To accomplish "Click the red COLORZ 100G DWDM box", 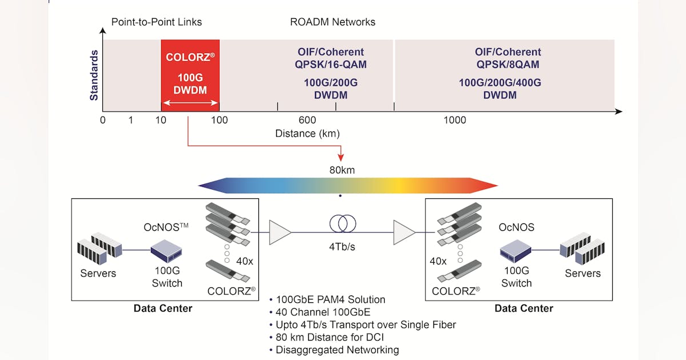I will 190,75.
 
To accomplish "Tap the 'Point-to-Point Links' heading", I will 156,22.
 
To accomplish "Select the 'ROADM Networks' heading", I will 333,22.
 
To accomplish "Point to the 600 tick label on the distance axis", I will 307,120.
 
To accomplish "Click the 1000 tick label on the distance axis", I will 454,120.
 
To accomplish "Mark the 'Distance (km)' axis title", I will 308,134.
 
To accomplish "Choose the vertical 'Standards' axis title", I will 94,75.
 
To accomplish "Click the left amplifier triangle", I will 280,232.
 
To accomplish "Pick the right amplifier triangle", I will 404,232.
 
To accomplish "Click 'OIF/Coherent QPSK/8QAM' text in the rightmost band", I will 508,58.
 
